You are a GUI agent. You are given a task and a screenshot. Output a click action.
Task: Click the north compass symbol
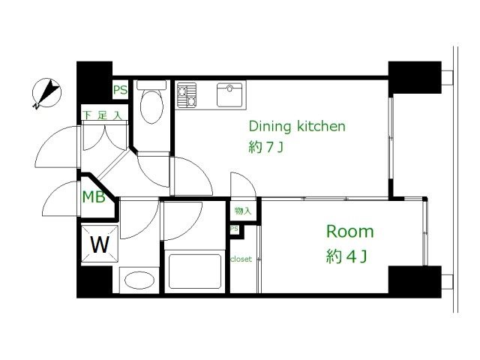tap(46, 93)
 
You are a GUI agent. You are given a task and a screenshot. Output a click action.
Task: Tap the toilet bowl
tap(151, 106)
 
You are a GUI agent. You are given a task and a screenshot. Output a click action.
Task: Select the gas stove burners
tap(187, 95)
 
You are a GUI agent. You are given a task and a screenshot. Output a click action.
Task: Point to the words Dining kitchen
tap(297, 126)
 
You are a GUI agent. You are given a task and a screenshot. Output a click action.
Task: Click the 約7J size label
tap(265, 148)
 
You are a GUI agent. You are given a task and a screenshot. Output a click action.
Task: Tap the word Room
tap(350, 232)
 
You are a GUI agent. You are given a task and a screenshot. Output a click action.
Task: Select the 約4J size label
tap(346, 256)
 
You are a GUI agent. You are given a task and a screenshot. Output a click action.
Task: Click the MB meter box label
tap(94, 196)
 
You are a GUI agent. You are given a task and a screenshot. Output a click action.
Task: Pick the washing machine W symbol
tap(100, 244)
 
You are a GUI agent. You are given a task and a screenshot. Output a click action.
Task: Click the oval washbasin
tap(139, 280)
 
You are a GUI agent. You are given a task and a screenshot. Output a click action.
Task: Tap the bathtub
tap(195, 271)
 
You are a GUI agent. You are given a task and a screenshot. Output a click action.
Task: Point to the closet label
tap(241, 259)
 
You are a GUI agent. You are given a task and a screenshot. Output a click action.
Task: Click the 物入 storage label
tap(243, 211)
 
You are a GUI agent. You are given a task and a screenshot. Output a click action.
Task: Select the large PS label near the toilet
tap(120, 90)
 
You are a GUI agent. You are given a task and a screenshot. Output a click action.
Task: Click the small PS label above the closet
tap(234, 229)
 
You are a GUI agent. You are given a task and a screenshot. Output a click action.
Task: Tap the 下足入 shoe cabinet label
tap(103, 115)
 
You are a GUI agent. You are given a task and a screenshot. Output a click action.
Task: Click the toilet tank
tap(151, 85)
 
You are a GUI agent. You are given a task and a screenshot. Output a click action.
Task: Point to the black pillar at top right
tap(415, 77)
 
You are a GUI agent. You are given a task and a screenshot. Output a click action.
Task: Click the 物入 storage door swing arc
tap(246, 179)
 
